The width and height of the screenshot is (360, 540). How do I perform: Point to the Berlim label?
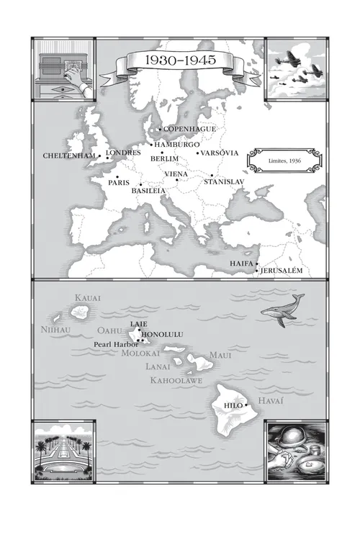165,158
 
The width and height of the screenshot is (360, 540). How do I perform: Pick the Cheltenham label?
68,156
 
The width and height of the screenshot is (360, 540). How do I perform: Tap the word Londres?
123,153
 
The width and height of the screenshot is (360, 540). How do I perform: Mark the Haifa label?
241,264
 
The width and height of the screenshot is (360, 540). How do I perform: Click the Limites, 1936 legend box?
282,161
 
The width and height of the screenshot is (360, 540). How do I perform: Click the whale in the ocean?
282,310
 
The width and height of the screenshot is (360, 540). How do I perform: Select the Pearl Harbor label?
116,344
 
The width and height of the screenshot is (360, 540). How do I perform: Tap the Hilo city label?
234,405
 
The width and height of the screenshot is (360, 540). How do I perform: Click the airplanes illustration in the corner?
295,70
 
